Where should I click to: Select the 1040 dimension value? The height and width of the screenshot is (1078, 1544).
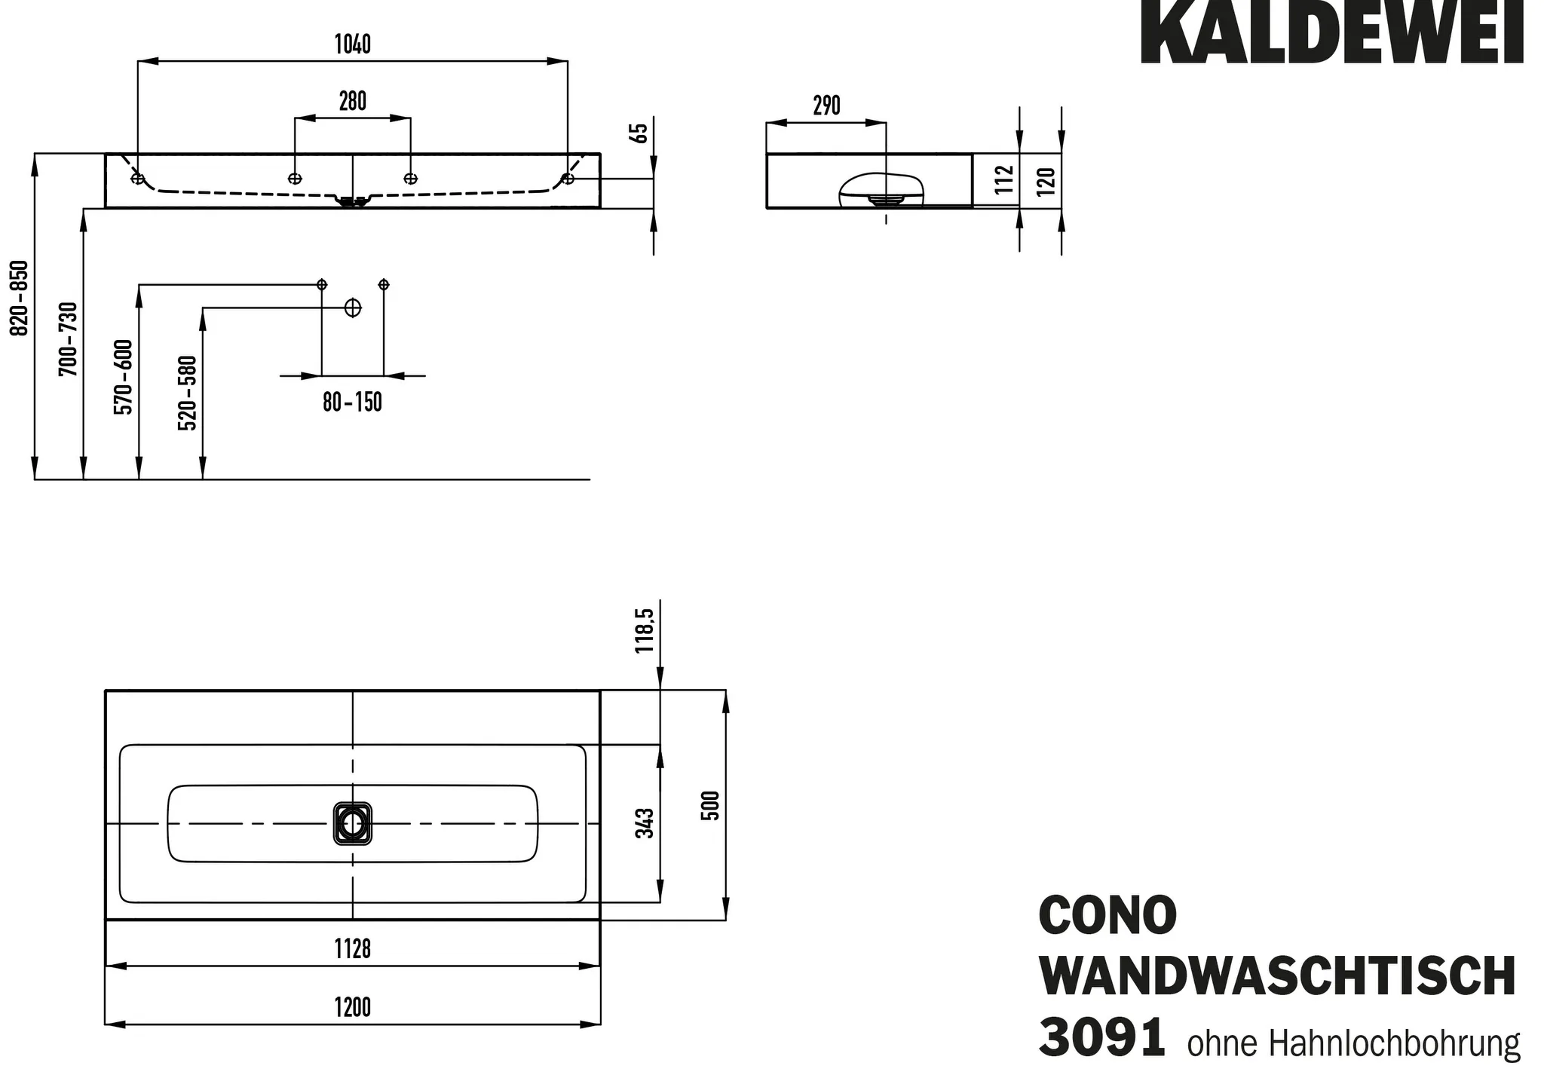(353, 44)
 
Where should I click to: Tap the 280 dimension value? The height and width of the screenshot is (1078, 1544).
(353, 101)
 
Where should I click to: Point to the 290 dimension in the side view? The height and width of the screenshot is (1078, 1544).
(826, 106)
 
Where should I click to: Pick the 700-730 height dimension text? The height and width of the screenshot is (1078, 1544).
(68, 339)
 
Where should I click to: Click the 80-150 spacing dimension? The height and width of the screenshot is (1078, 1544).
(353, 403)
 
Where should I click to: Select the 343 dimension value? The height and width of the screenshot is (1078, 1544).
(645, 822)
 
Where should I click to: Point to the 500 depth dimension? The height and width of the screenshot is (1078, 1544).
(711, 805)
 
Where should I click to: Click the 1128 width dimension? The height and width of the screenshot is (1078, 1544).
(353, 948)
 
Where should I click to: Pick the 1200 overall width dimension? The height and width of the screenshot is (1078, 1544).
(353, 1007)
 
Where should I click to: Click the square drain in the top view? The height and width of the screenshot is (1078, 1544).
(353, 824)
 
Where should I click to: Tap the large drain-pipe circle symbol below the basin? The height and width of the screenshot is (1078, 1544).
(353, 308)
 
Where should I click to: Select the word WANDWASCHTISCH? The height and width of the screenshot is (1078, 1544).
(1277, 977)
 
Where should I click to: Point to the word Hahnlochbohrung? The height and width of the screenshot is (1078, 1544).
(1394, 1044)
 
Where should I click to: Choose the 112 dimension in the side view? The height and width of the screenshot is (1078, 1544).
(1003, 179)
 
